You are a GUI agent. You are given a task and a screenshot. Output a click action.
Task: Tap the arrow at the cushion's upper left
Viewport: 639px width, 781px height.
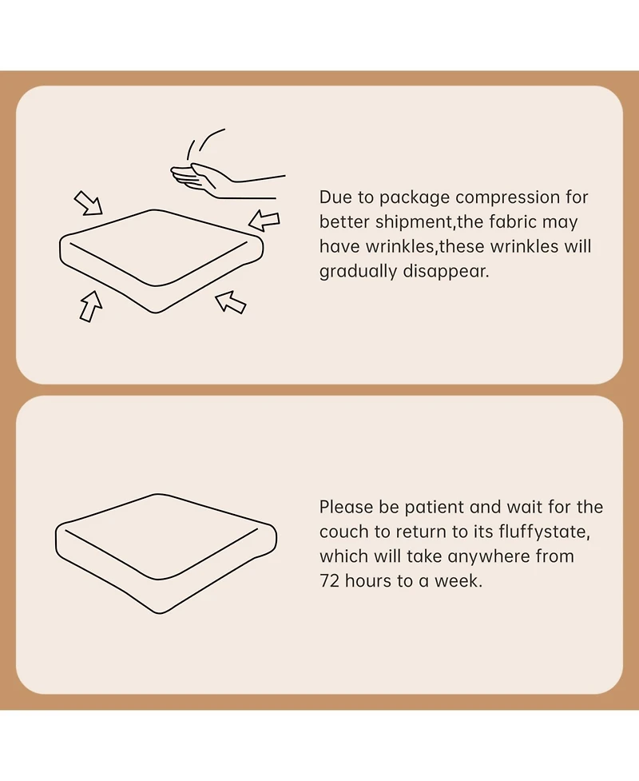pyautogui.click(x=89, y=203)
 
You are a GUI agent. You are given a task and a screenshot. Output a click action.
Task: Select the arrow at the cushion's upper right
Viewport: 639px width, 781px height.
pyautogui.click(x=264, y=220)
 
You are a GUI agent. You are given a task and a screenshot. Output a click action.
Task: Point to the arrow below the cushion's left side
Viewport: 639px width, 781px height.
pyautogui.click(x=90, y=306)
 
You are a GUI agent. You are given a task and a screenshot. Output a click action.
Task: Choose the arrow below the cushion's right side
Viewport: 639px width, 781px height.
pyautogui.click(x=230, y=302)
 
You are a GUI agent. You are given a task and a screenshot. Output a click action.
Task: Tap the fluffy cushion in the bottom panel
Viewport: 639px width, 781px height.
pyautogui.click(x=165, y=553)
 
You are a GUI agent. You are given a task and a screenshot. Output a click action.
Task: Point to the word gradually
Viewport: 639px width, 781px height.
pyautogui.click(x=358, y=272)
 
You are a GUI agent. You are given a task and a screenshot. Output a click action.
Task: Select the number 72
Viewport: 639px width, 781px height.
pyautogui.click(x=329, y=581)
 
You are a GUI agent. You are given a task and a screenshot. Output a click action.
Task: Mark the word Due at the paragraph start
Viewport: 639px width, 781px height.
pyautogui.click(x=333, y=197)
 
